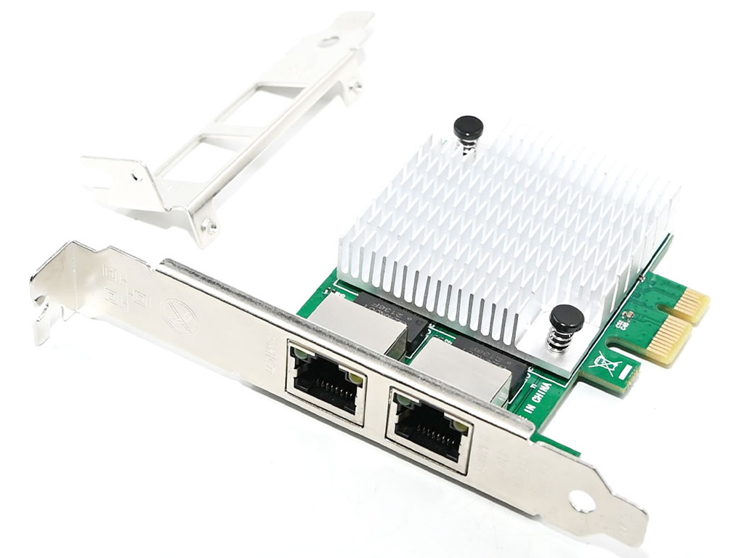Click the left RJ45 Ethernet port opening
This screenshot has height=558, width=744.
pyautogui.click(x=325, y=381)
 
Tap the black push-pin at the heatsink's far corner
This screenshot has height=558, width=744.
pyautogui.click(x=468, y=129)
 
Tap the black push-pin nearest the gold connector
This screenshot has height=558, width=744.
pyautogui.click(x=566, y=318)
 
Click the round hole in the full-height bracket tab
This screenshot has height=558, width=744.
pyautogui.click(x=581, y=501)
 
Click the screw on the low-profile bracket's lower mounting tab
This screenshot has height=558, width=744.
pyautogui.click(x=209, y=225)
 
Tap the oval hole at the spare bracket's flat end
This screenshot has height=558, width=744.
pyautogui.click(x=332, y=42)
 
